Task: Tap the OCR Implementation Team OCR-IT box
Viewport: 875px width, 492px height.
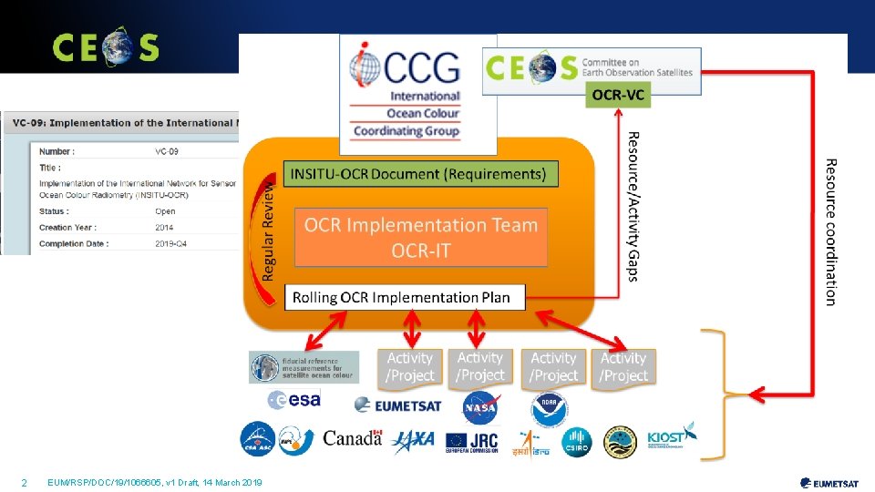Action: [421, 237]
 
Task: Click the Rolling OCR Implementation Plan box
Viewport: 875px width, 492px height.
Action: [405, 298]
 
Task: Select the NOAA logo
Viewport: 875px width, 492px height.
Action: [550, 410]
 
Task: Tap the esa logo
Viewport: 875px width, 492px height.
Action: [293, 399]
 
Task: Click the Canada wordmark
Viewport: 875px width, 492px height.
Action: [352, 438]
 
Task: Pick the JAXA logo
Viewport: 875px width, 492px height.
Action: [413, 441]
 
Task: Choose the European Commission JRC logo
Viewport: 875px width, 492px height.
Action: [472, 441]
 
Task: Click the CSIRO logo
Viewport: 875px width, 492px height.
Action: [576, 442]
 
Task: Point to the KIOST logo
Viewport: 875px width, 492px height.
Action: [671, 437]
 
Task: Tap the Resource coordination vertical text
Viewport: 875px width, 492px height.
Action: [830, 231]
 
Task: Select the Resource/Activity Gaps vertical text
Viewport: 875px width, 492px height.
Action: [633, 206]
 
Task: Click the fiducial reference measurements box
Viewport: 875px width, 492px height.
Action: [304, 367]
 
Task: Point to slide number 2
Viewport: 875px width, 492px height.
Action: [24, 482]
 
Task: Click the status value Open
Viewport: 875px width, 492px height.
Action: [165, 211]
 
